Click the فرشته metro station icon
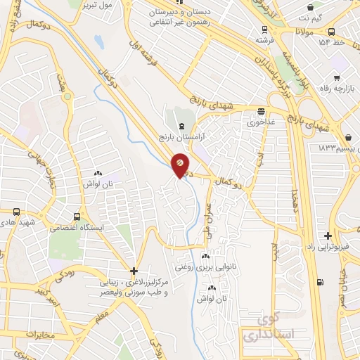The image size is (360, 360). (x=264, y=30)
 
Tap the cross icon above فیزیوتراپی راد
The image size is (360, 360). (x=328, y=236)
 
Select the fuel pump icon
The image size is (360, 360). (x=321, y=283)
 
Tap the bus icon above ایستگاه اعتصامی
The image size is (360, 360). (x=78, y=217)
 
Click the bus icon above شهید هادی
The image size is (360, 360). (x=16, y=211)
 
